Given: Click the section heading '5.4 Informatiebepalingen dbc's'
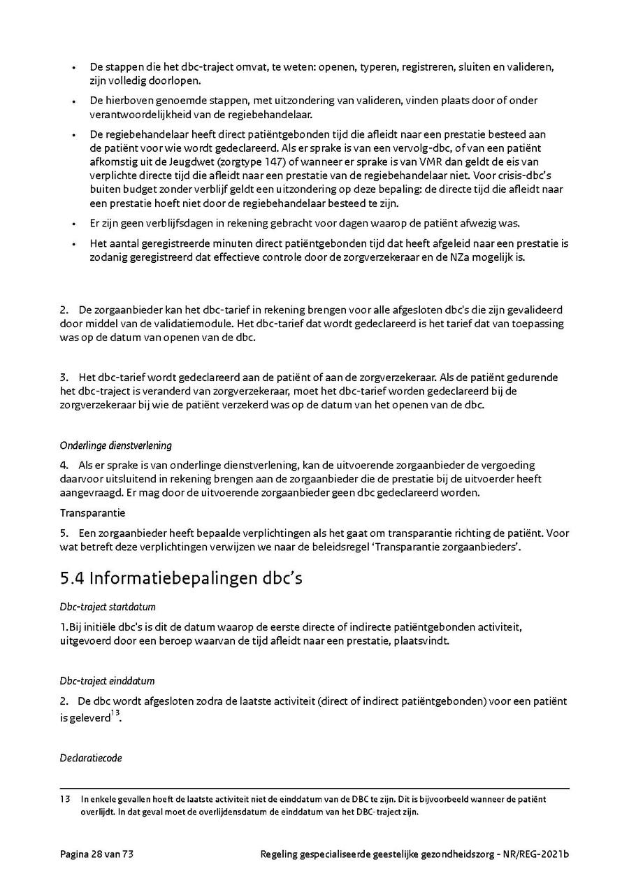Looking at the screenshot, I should (181, 578).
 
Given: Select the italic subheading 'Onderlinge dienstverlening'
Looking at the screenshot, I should (115, 445).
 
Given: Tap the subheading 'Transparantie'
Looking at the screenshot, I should (92, 512).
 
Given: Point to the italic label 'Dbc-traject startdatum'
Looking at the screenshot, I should (108, 607).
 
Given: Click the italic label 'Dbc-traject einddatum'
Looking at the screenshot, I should (107, 681).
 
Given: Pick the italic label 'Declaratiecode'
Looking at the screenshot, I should (91, 758).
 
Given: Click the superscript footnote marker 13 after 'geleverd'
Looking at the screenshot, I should (115, 713).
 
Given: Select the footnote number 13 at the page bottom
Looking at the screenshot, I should (65, 798).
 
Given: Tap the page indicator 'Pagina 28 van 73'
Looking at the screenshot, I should (97, 854).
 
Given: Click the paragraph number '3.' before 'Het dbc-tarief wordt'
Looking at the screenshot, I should (64, 378).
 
